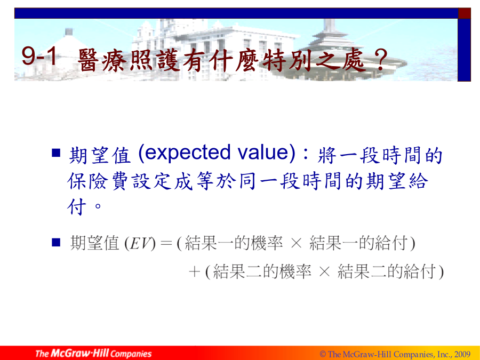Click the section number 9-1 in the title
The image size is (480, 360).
click(39, 56)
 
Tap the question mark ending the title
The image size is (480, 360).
click(381, 60)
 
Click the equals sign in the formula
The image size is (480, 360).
click(166, 244)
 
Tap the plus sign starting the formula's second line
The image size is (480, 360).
click(195, 271)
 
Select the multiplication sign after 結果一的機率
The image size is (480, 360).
click(296, 243)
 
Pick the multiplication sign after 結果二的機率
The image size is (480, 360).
click(324, 271)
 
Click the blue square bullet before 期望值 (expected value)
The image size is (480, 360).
click(56, 153)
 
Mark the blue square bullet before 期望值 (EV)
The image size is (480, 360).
click(56, 243)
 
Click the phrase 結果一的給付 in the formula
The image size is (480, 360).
click(358, 243)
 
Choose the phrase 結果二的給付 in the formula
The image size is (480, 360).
click(387, 271)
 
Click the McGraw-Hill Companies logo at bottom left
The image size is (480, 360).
click(93, 353)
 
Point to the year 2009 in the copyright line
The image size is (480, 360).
click(462, 354)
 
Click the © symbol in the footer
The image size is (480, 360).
click(323, 355)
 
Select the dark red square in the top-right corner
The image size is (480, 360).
click(464, 13)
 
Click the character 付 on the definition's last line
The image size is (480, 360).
click(76, 207)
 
